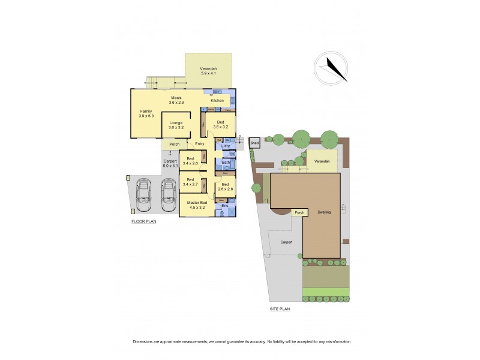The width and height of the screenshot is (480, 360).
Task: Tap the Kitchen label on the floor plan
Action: pyautogui.click(x=217, y=100)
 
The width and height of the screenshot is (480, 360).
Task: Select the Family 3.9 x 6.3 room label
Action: pyautogui.click(x=146, y=113)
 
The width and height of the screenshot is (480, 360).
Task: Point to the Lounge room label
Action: pyautogui.click(x=176, y=125)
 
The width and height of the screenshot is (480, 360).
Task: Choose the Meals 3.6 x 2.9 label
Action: pyautogui.click(x=176, y=100)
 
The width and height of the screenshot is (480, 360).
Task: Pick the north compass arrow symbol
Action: pyautogui.click(x=334, y=68)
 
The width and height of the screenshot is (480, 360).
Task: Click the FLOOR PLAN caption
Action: pyautogui.click(x=144, y=221)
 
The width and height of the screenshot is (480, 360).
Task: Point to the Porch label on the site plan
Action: pyautogui.click(x=298, y=212)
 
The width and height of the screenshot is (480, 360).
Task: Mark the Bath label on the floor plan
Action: pyautogui.click(x=226, y=163)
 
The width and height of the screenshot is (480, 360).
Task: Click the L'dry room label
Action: pyautogui.click(x=226, y=146)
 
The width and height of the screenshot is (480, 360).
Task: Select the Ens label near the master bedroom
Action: pyautogui.click(x=226, y=206)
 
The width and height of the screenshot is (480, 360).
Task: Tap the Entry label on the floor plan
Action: pyautogui.click(x=200, y=144)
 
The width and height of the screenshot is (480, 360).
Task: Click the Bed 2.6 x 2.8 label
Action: pyautogui.click(x=226, y=187)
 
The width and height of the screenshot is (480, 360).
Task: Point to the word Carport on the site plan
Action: pyautogui.click(x=286, y=242)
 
